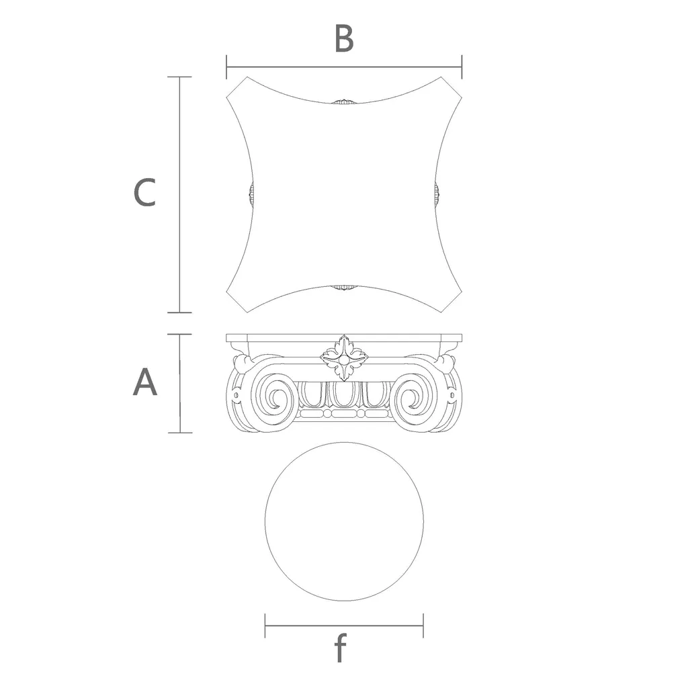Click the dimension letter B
344,38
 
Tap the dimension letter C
145,192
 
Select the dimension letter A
145,382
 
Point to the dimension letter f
341,647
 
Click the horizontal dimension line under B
344,67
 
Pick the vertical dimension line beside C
179,195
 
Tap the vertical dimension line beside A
180,384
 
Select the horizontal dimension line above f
344,626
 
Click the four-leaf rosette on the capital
345,358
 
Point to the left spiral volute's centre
276,398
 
